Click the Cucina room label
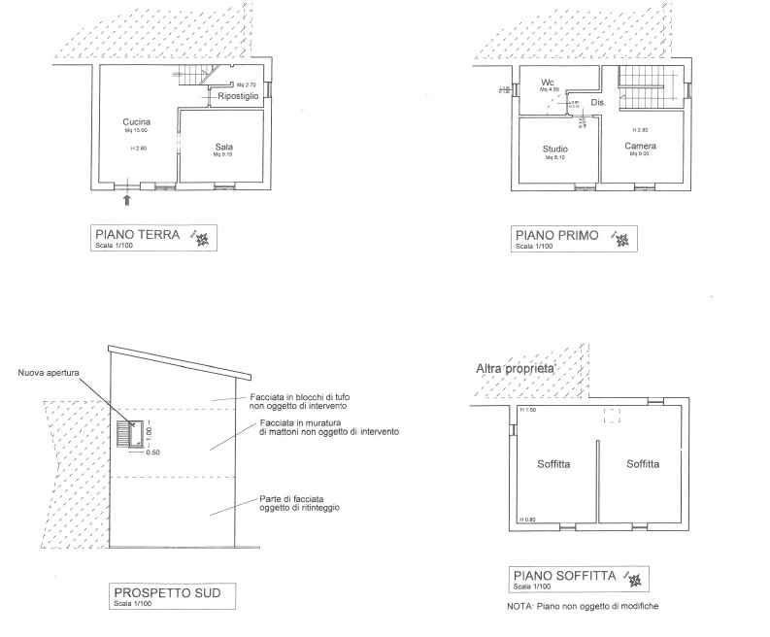135,121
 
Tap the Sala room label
224,147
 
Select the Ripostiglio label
231,97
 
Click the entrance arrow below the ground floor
127,200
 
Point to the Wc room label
548,81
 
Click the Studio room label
555,149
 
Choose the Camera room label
640,146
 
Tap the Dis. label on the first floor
598,102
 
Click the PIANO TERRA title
137,234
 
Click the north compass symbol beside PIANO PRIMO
619,238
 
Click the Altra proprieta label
515,369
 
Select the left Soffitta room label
553,464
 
